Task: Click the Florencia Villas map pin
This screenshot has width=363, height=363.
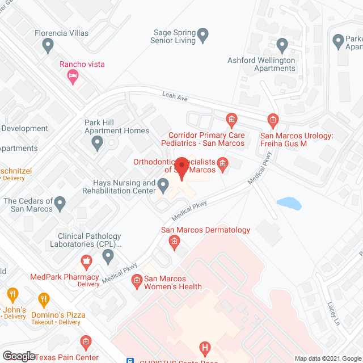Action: (x=48, y=44)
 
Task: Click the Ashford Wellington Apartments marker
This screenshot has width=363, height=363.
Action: (x=282, y=44)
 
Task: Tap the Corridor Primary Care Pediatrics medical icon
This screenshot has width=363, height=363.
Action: (x=231, y=120)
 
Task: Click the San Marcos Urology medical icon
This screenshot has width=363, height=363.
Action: (x=273, y=120)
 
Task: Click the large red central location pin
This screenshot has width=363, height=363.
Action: (x=181, y=168)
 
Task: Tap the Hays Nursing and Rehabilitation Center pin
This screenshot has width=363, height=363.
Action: (x=163, y=185)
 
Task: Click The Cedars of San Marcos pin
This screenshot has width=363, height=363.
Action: (x=60, y=202)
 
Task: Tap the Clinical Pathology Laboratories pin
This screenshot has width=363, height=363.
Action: (x=108, y=257)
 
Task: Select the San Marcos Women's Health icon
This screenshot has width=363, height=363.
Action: (x=136, y=280)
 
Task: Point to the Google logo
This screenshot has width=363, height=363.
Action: (x=19, y=356)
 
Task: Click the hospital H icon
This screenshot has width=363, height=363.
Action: (x=205, y=347)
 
